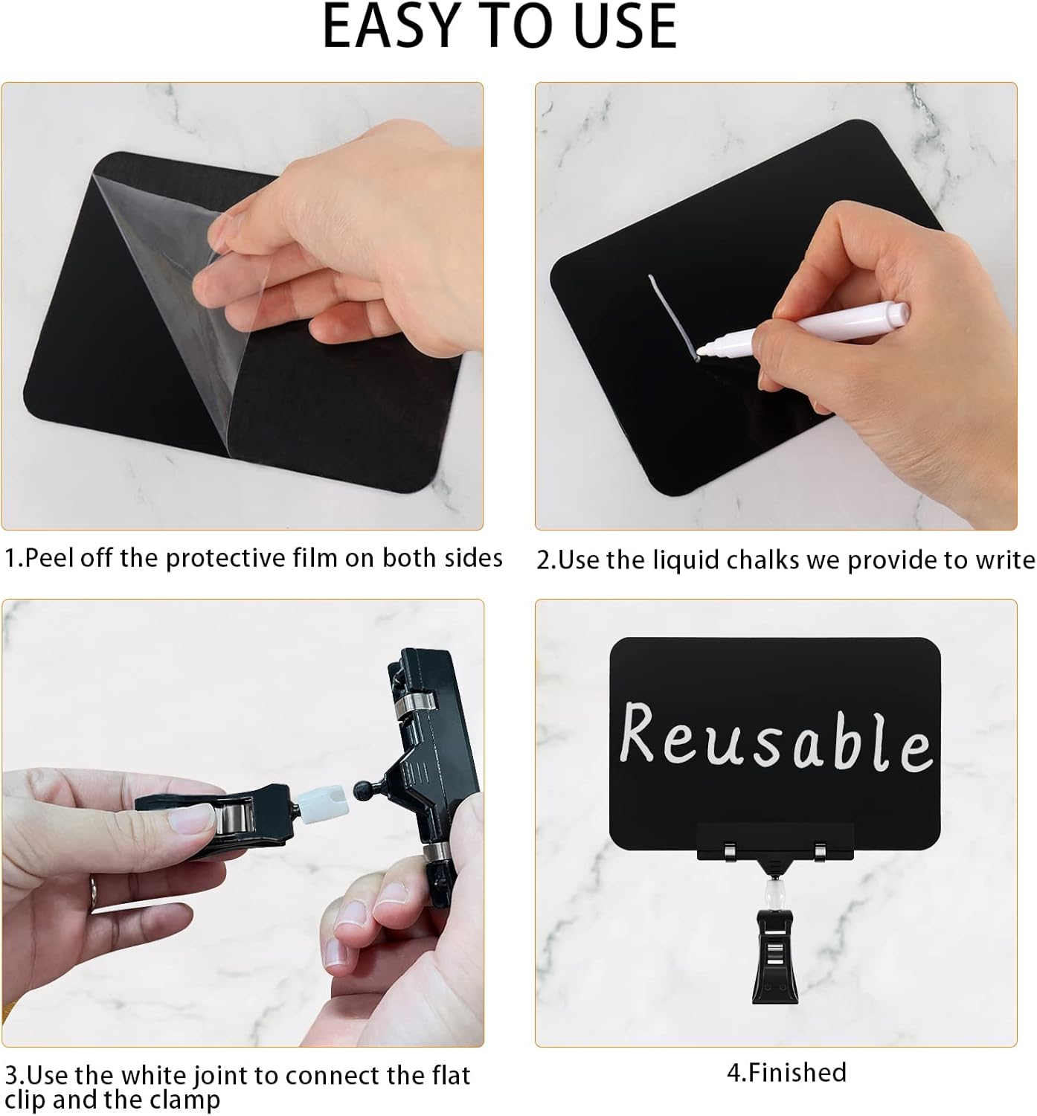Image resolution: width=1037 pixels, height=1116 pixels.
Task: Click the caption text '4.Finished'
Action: (x=786, y=1072)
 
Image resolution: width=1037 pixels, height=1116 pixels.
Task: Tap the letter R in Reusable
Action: (x=638, y=734)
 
